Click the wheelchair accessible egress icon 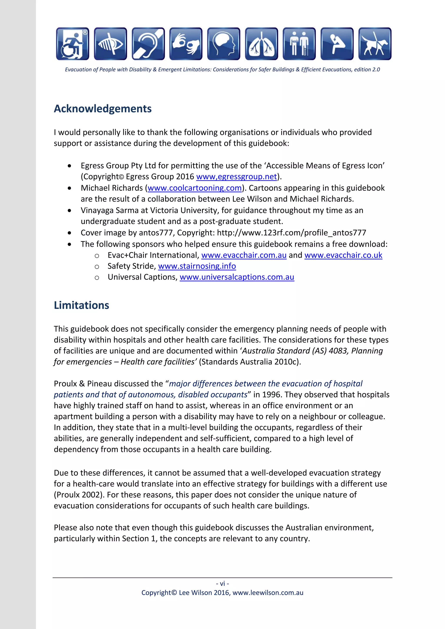[73, 44]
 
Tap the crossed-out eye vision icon [110, 44]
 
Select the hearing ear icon [148, 44]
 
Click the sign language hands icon [186, 44]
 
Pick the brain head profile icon [224, 44]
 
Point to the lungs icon [261, 44]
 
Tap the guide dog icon [375, 44]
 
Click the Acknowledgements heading [103, 109]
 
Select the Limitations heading [81, 305]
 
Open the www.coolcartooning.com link [194, 188]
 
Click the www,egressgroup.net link [236, 177]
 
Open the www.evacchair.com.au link [244, 255]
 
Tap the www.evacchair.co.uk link [343, 255]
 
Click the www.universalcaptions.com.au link [237, 277]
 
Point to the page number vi [222, 584]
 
